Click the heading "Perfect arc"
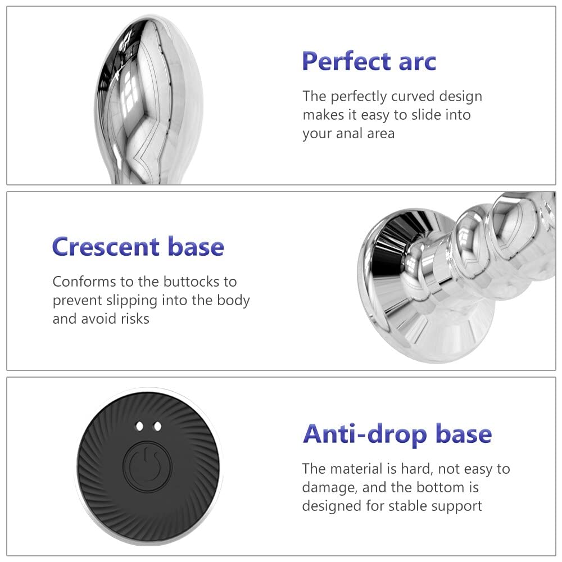pos(369,61)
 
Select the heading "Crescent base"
pos(138,247)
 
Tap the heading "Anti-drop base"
pos(397,434)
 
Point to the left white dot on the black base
pos(140,426)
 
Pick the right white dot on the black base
pos(157,426)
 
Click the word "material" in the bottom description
pos(355,469)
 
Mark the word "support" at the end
pos(456,507)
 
